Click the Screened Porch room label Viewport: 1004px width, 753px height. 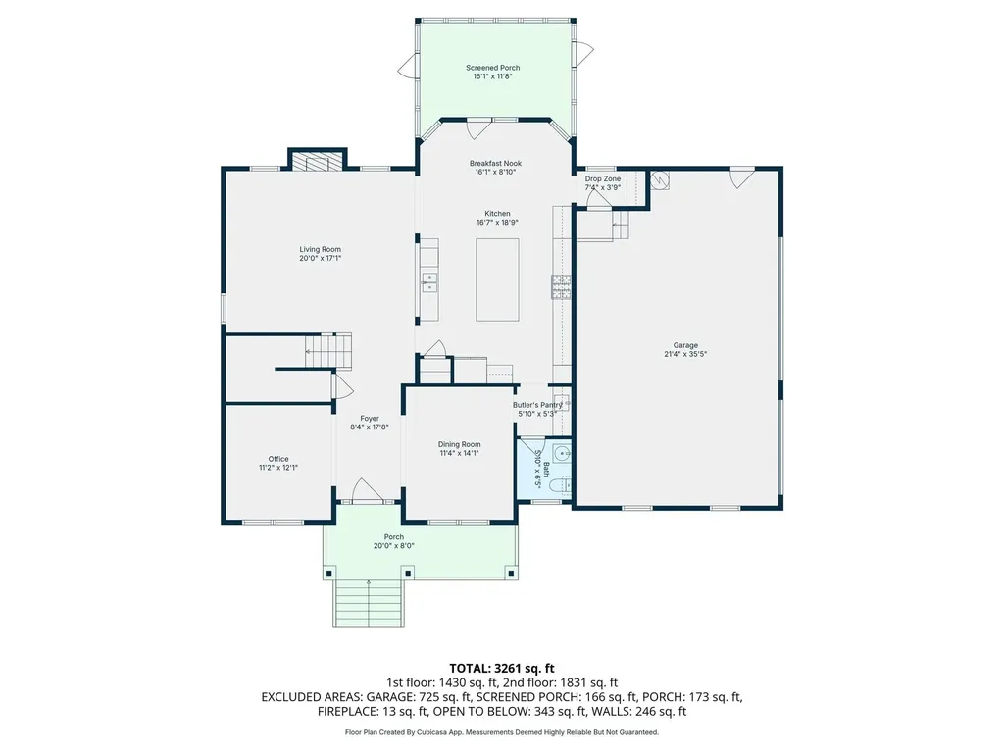(492, 68)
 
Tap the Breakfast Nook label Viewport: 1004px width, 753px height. (495, 164)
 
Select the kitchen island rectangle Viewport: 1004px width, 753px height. (497, 279)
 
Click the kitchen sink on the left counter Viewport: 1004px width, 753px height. (429, 282)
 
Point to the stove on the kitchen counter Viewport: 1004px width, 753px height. (561, 286)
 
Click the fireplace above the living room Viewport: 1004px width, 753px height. (317, 160)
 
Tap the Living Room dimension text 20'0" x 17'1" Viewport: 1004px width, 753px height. (321, 259)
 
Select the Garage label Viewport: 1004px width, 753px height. (685, 345)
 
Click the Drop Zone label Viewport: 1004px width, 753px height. (603, 179)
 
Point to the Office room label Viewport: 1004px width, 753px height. (277, 459)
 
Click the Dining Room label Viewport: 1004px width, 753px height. (459, 444)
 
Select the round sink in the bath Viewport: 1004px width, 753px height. (563, 454)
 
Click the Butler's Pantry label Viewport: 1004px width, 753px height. (537, 405)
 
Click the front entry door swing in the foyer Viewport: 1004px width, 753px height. (367, 490)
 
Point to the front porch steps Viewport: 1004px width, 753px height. (369, 603)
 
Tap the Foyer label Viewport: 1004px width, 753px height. (370, 419)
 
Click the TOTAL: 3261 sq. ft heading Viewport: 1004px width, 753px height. (501, 669)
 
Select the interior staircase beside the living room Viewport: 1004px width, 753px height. (328, 351)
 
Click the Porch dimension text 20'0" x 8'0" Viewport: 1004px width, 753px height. (394, 546)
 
